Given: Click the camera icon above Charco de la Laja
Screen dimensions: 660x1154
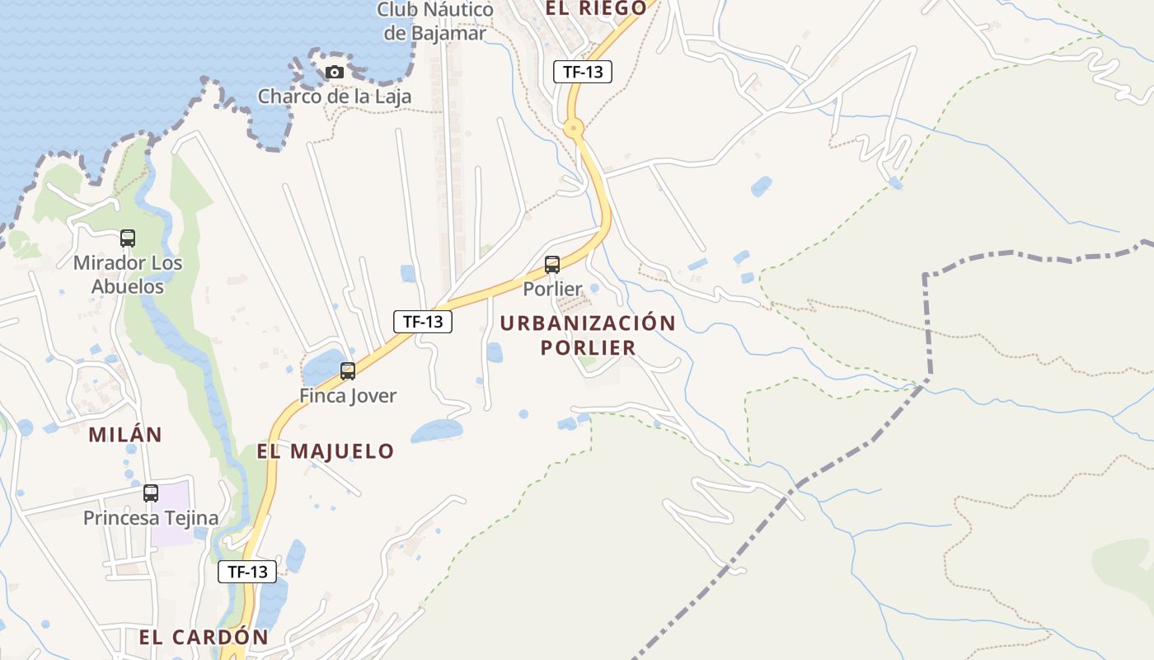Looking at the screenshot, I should coord(334,72).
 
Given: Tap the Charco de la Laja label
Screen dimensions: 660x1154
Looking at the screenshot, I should coord(334,97).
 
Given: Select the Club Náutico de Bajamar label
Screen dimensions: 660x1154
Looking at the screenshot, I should coord(435,21).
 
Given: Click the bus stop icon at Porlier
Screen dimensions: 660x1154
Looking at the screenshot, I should coord(552,265).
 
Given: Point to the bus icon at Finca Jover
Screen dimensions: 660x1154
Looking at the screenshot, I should coord(348,371).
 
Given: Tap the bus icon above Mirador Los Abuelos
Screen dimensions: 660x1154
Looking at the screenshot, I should coord(128,238).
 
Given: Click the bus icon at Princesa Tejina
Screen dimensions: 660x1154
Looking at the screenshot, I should coord(151,493).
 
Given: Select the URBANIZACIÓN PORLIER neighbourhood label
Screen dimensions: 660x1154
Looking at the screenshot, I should coord(588,335).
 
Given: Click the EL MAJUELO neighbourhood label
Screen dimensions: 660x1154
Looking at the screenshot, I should coord(326,451).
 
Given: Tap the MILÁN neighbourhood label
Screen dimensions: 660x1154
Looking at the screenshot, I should coord(125,435).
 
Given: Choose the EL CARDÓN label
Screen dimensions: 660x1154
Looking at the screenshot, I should coord(204,638).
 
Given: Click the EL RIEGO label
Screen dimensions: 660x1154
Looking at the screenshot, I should coord(596,8).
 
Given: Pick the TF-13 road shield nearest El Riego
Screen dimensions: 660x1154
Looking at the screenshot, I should coord(583,72).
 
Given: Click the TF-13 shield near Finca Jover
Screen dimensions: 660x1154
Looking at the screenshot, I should coord(423,322).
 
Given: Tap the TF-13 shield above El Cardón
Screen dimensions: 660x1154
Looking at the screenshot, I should coord(247,571).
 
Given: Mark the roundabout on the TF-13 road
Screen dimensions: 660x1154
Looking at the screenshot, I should coord(574,128).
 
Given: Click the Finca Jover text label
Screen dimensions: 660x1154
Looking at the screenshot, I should coord(348,396).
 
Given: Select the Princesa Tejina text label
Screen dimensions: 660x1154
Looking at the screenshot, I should coord(151,518).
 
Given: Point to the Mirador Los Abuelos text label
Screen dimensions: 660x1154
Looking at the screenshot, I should coord(128,275).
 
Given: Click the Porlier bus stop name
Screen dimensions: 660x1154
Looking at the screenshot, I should coord(552,289).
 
